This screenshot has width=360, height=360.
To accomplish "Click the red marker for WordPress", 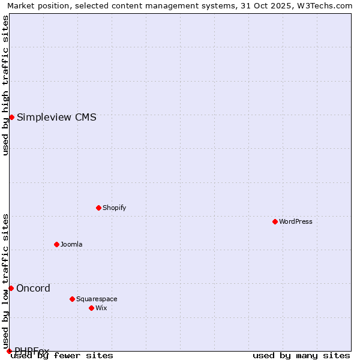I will pyautogui.click(x=275, y=221).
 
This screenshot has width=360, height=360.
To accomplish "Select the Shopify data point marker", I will pyautogui.click(x=98, y=208).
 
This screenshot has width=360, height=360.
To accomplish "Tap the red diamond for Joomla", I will pyautogui.click(x=56, y=244).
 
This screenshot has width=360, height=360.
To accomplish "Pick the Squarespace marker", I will pyautogui.click(x=72, y=299).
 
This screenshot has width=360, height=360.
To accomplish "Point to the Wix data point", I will pyautogui.click(x=91, y=308).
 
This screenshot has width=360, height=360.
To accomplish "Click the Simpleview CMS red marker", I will pyautogui.click(x=11, y=117).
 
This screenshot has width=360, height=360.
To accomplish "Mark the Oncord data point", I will pyautogui.click(x=11, y=288).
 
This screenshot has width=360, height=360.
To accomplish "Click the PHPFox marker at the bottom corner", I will pyautogui.click(x=9, y=351).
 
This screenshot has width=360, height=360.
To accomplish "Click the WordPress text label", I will pyautogui.click(x=295, y=222).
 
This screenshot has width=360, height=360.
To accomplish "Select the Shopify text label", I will pyautogui.click(x=114, y=208).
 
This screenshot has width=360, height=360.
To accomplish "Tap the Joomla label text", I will pyautogui.click(x=71, y=245).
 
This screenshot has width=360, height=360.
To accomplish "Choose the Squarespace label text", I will pyautogui.click(x=97, y=299).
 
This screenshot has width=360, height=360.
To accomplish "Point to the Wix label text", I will pyautogui.click(x=101, y=308).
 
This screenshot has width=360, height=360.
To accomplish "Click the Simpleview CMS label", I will pyautogui.click(x=56, y=117).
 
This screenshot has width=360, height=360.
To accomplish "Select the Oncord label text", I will pyautogui.click(x=33, y=289).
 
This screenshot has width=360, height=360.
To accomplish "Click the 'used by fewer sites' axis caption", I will pyautogui.click(x=62, y=356).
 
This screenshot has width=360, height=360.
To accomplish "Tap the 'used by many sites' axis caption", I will pyautogui.click(x=301, y=356).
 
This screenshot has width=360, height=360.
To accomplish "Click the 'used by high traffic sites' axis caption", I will pyautogui.click(x=5, y=85).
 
